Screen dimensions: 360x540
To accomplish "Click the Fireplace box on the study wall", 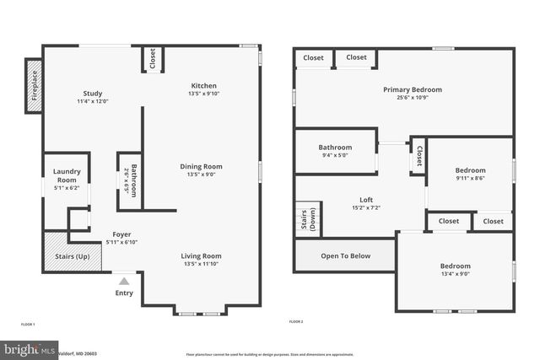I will [34, 85].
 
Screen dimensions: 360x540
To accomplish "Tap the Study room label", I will [93, 94].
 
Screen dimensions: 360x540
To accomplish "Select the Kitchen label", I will [203, 86].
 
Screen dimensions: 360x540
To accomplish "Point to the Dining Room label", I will [201, 167].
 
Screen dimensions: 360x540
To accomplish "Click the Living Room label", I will [201, 256].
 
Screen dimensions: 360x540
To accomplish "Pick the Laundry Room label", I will [67, 176].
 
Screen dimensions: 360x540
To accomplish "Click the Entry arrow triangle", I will [124, 282].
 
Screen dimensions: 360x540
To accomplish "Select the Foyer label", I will [121, 234].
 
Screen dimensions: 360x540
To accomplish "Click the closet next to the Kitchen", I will [153, 60].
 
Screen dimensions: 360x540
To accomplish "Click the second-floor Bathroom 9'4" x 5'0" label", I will [335, 148].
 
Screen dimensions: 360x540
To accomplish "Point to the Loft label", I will [360, 200].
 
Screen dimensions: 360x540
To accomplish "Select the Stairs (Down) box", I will [307, 219].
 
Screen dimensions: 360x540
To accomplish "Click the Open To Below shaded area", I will [345, 255].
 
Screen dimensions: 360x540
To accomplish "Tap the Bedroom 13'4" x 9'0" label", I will [455, 267].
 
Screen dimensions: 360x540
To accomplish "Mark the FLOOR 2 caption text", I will [296, 322].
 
